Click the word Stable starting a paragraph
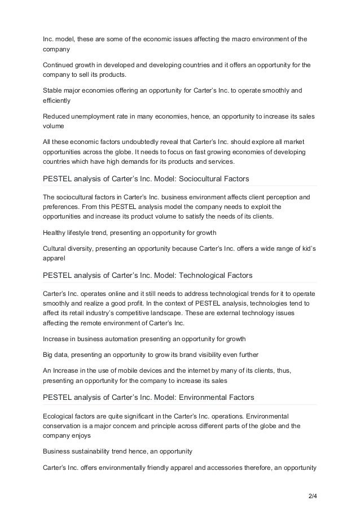(54, 90)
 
